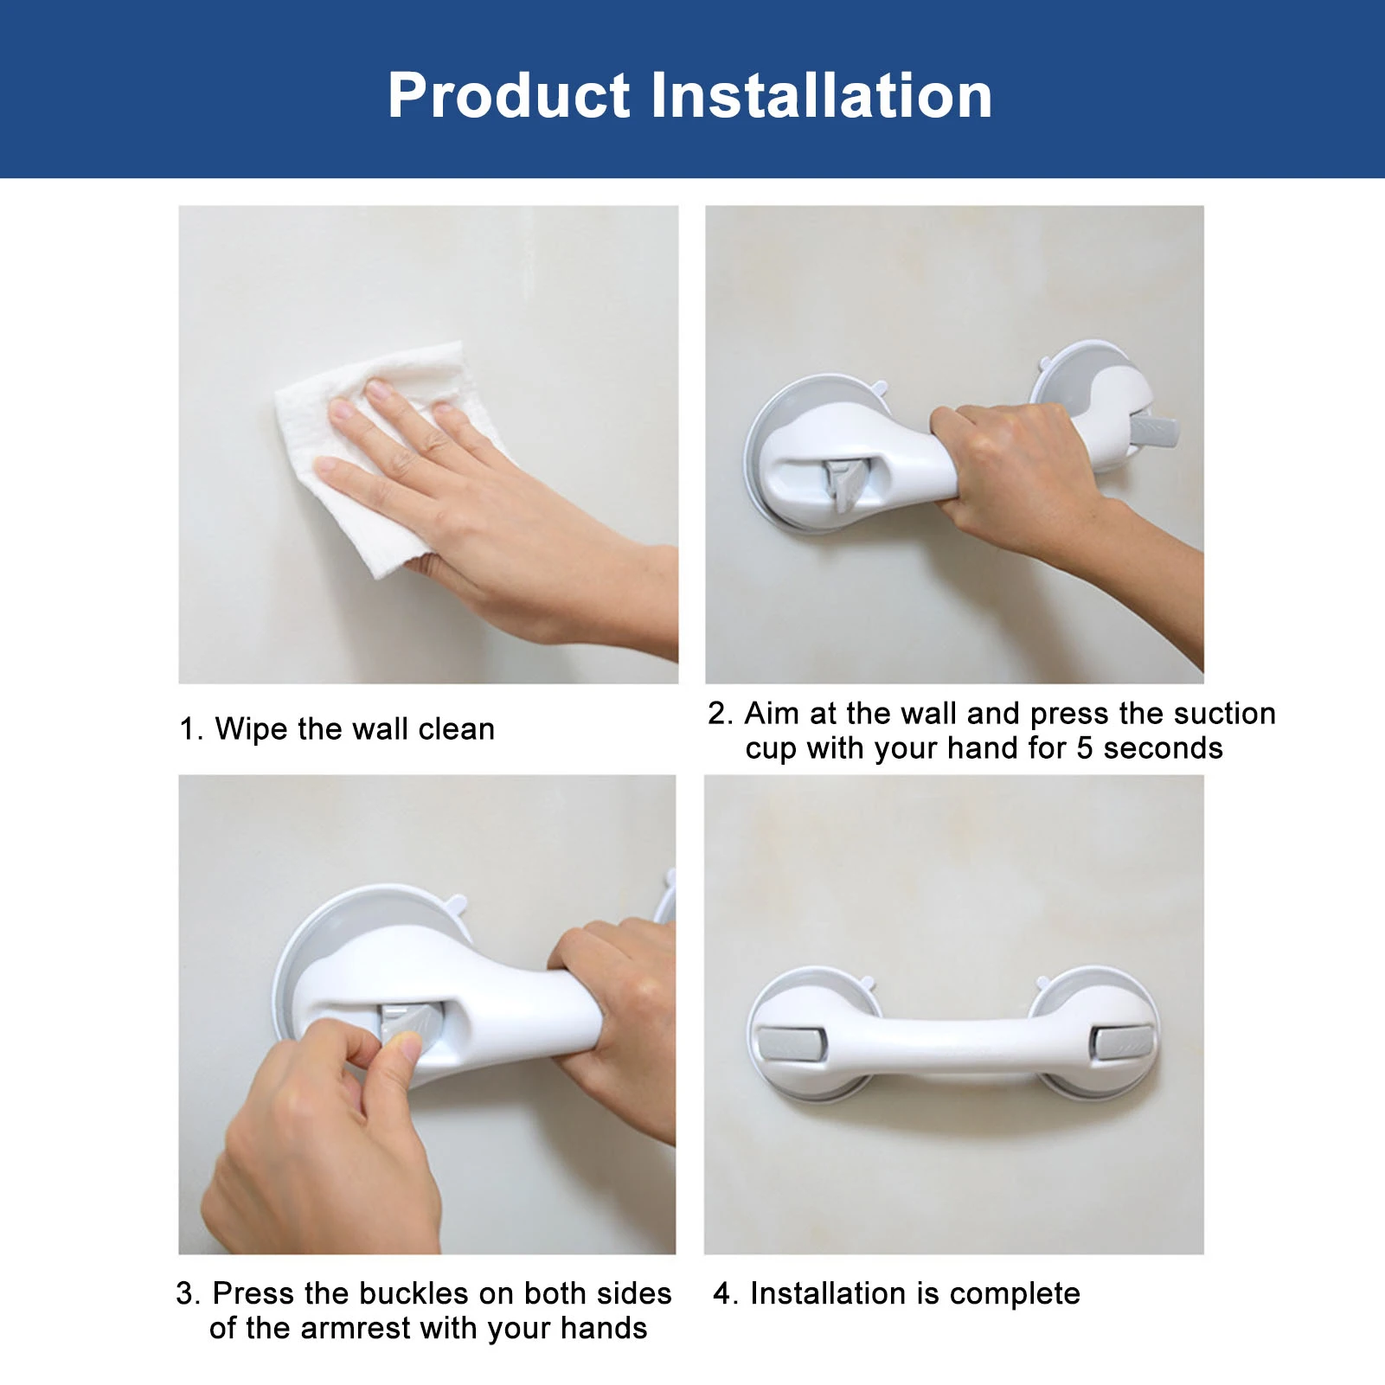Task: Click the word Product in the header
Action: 509,95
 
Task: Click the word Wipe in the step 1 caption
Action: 251,729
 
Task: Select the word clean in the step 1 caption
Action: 456,729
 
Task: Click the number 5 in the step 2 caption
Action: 1084,748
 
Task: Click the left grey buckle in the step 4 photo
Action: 789,1042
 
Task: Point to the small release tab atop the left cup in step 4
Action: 867,984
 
